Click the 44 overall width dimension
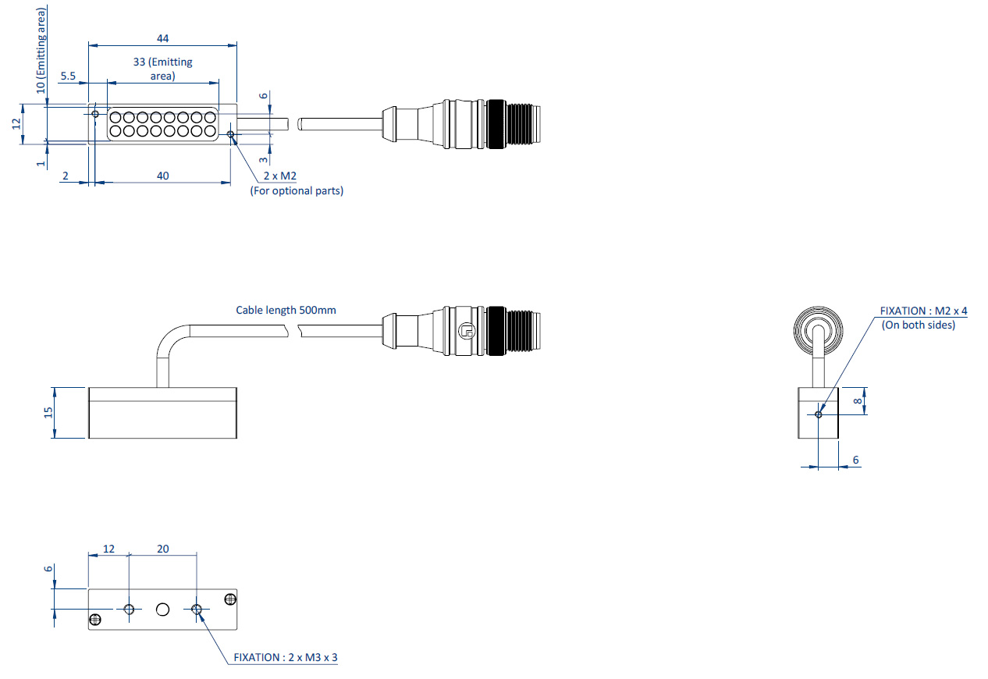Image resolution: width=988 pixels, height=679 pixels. pos(162,38)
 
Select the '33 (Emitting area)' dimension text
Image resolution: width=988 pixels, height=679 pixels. pos(162,69)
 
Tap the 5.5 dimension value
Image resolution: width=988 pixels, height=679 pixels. pos(67,76)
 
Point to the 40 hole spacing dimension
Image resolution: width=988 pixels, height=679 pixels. pos(162,176)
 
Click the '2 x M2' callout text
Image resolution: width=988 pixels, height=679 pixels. pos(279,176)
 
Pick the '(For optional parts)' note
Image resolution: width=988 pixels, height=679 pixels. pos(297,190)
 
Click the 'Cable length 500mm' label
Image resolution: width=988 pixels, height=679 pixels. pos(286,310)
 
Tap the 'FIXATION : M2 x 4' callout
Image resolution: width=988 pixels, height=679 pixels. pos(923,311)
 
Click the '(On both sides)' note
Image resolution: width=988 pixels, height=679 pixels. pos(919,325)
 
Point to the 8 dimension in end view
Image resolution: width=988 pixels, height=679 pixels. pos(857,401)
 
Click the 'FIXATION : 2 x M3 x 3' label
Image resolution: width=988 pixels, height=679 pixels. pos(286,657)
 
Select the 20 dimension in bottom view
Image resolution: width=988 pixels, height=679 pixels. pos(162,549)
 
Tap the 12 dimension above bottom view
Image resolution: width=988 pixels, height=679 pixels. pos(108,549)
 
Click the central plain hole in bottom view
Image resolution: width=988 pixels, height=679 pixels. pos(162,609)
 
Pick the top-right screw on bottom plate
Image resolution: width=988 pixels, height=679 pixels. pos(229,599)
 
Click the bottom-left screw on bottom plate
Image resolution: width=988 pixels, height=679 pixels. pos(95,620)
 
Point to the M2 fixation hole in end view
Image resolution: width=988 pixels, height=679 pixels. pos(818,414)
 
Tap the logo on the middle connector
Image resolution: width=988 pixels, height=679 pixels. pos(467,331)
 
